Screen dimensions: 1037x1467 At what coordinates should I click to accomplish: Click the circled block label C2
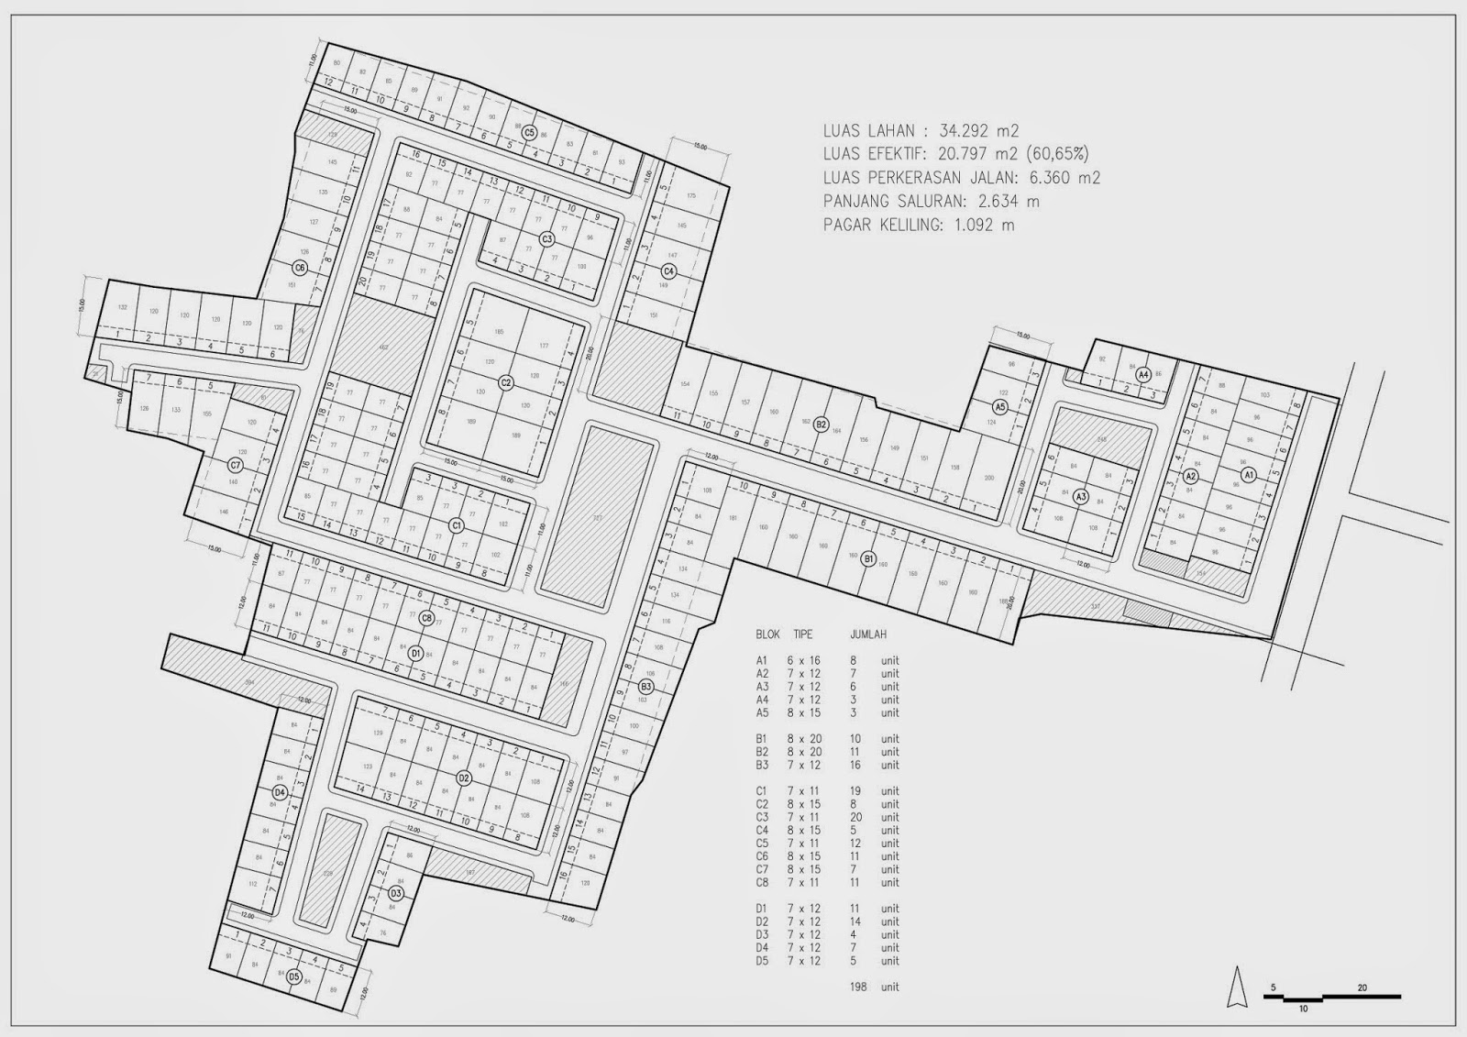coord(505,382)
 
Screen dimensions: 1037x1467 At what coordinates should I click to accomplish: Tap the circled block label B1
coord(869,557)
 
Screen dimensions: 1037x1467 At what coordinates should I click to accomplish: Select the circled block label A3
coord(1081,497)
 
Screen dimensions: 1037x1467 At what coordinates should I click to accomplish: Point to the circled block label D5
coord(293,976)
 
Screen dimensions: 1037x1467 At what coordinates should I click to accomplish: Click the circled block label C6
coord(299,268)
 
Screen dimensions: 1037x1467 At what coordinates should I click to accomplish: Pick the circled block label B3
coord(645,686)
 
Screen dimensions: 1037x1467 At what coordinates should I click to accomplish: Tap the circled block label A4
coord(1142,375)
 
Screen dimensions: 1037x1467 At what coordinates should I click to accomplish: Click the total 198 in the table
coord(859,987)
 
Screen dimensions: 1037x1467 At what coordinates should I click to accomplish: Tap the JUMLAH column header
coord(867,634)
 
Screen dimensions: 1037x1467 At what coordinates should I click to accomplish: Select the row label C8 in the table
coord(761,883)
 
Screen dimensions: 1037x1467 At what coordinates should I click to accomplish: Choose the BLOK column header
coord(767,634)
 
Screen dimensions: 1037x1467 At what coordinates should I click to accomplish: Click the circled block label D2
coord(464,778)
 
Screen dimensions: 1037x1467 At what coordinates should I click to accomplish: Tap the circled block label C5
coord(529,133)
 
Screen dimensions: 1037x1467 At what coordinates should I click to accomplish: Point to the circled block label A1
coord(1248,475)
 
